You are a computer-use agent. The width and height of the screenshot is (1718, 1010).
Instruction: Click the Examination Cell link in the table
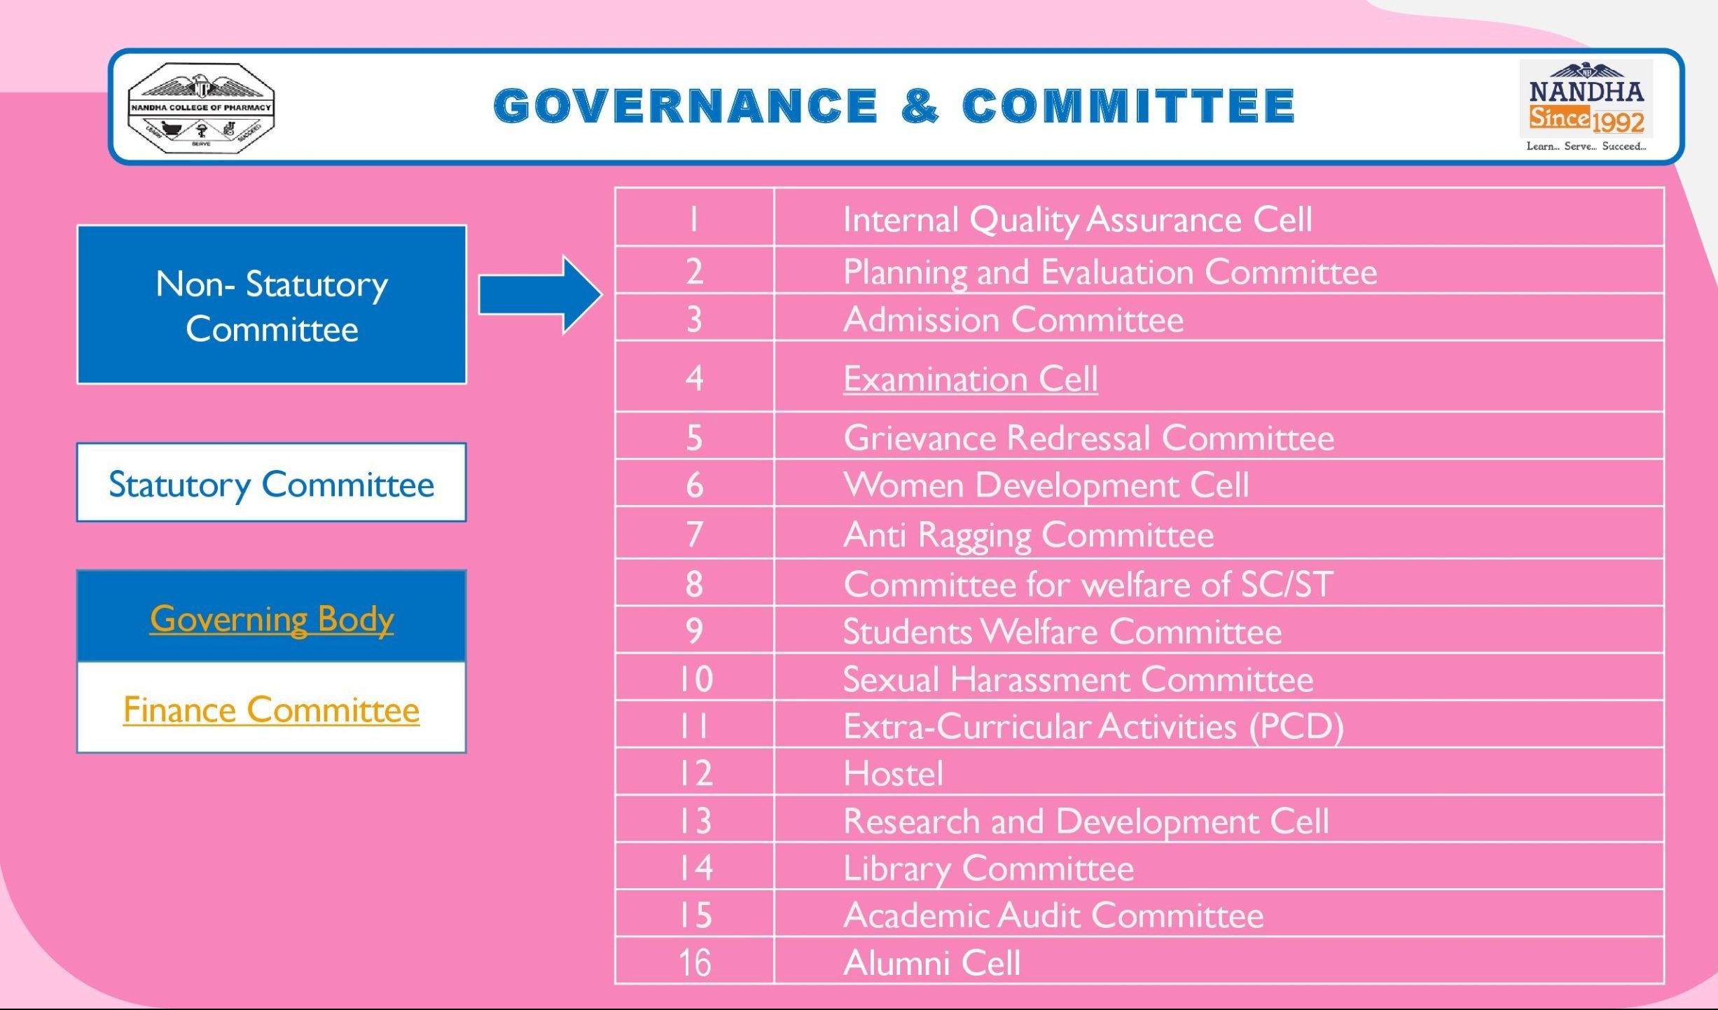coord(970,379)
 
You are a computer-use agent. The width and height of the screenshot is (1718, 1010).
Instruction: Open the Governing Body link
coord(272,619)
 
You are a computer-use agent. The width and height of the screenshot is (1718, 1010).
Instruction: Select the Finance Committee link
coord(271,710)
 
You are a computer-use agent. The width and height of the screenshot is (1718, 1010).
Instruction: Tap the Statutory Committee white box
coord(272,483)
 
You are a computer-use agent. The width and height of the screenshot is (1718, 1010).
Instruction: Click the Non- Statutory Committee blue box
coord(272,305)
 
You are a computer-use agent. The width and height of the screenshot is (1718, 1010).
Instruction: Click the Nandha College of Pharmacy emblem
coord(201,108)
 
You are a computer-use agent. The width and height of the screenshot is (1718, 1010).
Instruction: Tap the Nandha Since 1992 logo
coord(1586,106)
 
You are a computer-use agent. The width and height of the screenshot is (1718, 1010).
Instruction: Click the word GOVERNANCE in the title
coord(686,106)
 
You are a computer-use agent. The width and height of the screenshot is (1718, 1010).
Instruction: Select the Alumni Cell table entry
coord(931,962)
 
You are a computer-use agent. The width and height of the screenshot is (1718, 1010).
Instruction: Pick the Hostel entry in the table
coord(893,773)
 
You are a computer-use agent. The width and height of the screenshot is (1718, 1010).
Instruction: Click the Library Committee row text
coord(988,869)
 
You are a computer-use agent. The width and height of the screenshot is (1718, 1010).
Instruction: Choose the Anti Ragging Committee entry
coord(1028,535)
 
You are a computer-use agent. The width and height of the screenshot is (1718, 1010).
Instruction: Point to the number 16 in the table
coord(695,962)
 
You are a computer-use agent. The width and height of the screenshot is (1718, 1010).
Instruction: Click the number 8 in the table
coord(694,583)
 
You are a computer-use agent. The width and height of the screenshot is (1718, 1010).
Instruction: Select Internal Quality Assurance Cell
coord(1077,219)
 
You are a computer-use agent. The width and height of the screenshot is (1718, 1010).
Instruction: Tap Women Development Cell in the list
coord(1046,485)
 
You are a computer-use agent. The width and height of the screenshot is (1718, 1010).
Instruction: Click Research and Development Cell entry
coord(1086,821)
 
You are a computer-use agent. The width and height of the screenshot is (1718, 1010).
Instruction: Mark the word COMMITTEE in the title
coord(1128,106)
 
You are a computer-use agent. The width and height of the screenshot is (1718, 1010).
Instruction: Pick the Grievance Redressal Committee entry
coord(1088,438)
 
